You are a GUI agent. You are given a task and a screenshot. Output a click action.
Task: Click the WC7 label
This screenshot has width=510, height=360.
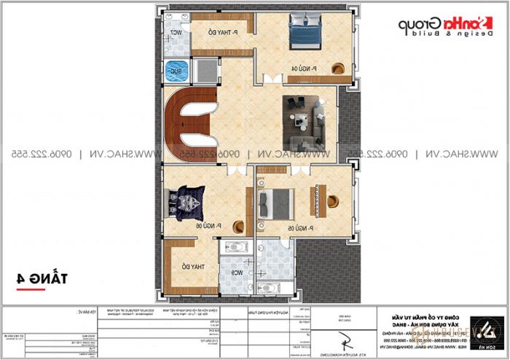pos(176,34)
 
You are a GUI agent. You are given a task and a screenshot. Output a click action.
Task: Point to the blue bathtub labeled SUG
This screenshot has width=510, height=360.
pos(175,71)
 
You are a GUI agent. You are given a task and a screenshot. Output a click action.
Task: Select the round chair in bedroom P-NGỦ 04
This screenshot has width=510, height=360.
pos(338,69)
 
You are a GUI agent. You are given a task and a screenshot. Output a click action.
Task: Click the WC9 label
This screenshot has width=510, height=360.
pos(237,272)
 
